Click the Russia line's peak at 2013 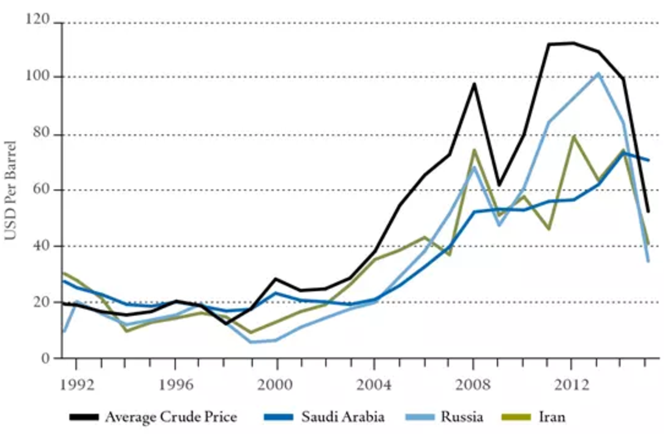[x=598, y=73]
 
